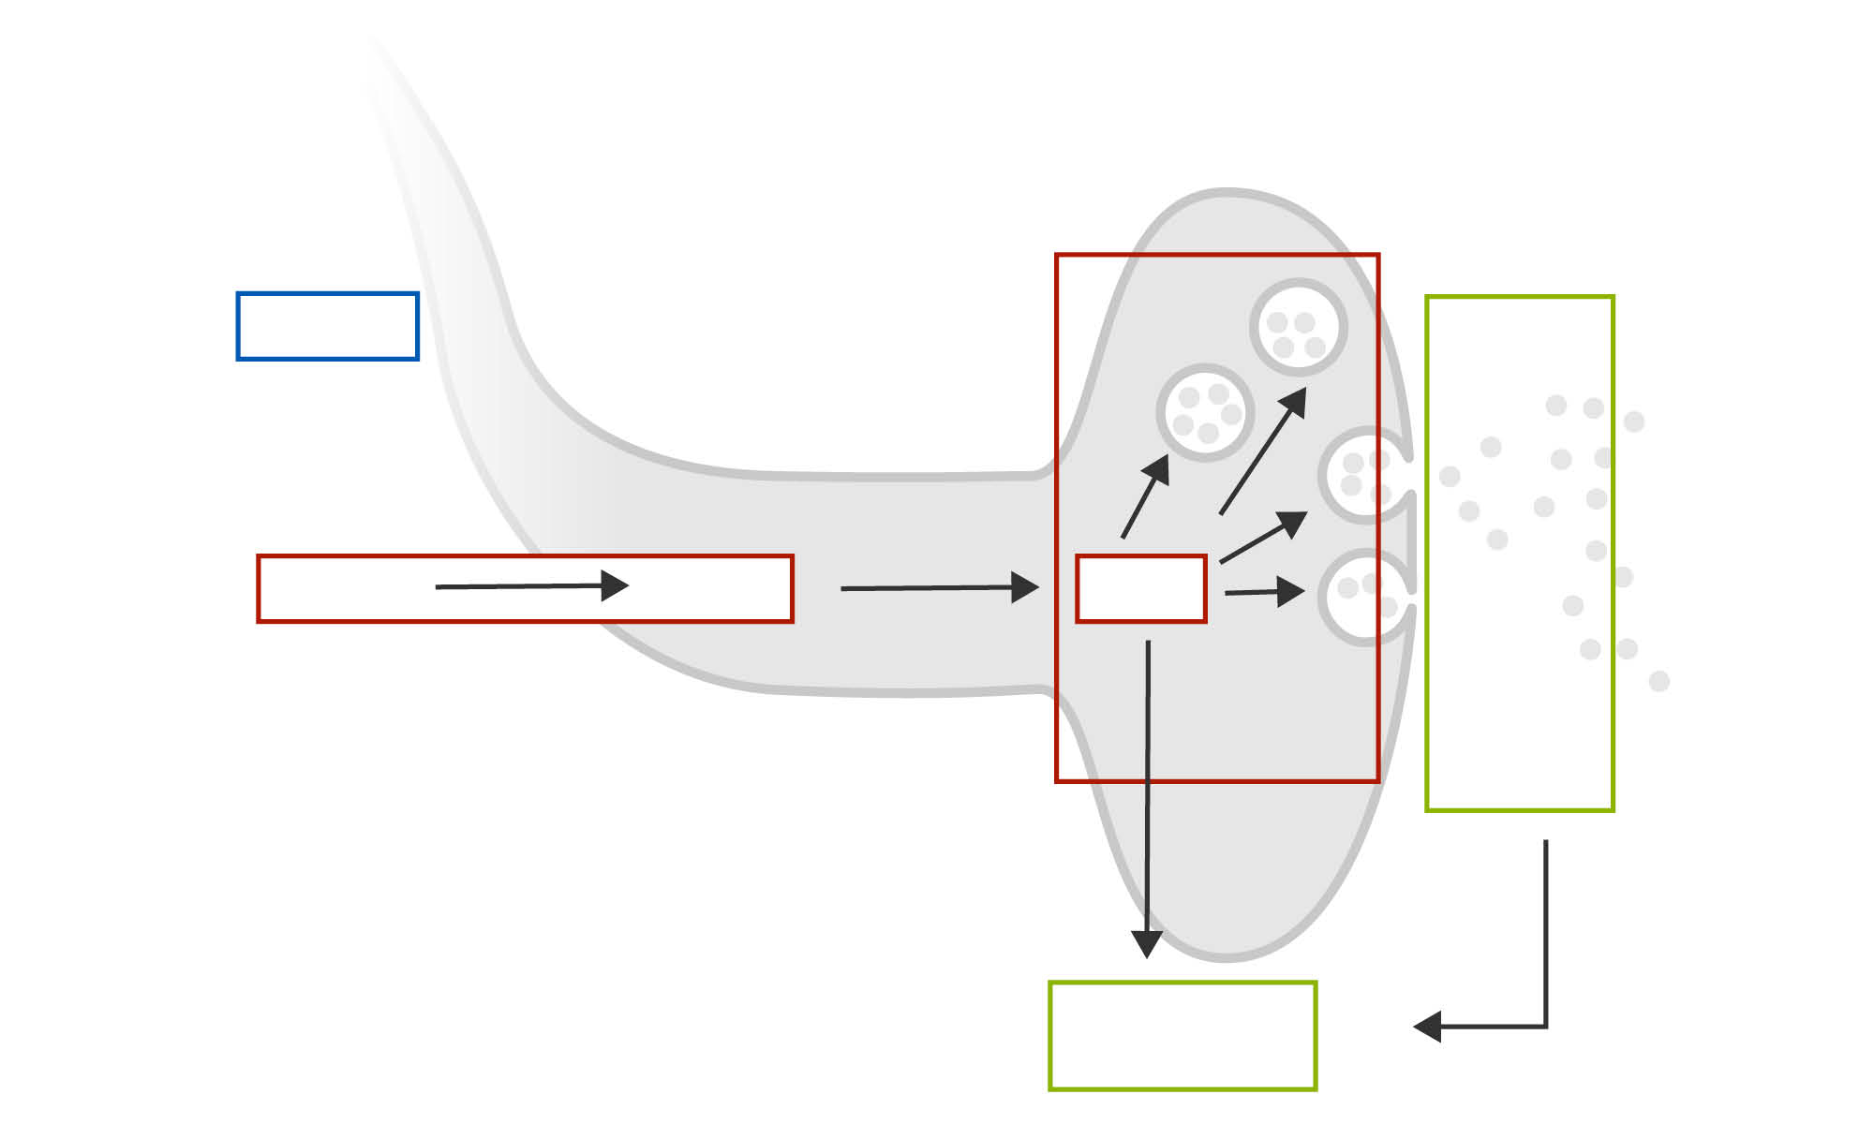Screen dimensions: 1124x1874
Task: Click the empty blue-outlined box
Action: [327, 326]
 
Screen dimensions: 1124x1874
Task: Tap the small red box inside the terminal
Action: [1140, 588]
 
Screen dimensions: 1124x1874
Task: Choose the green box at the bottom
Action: [1182, 1036]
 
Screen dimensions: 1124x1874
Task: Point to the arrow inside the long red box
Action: [531, 586]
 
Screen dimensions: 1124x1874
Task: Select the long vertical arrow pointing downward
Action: [1147, 796]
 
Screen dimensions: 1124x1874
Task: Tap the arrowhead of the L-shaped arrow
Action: [1427, 1027]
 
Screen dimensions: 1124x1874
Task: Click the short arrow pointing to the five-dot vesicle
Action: [1146, 496]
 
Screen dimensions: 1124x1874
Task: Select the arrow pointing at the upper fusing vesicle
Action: [1264, 538]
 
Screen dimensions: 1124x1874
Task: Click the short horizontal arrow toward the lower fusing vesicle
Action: [1264, 592]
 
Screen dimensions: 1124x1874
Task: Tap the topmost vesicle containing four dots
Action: [1298, 327]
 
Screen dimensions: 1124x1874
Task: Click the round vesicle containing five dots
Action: [1205, 412]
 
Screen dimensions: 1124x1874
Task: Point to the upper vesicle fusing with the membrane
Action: [1362, 475]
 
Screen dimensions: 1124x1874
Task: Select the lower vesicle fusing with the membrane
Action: [1362, 598]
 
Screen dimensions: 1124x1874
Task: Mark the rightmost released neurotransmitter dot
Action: [1658, 681]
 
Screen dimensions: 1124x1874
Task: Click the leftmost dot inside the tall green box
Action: [1450, 477]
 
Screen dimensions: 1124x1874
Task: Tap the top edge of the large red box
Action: [1217, 255]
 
